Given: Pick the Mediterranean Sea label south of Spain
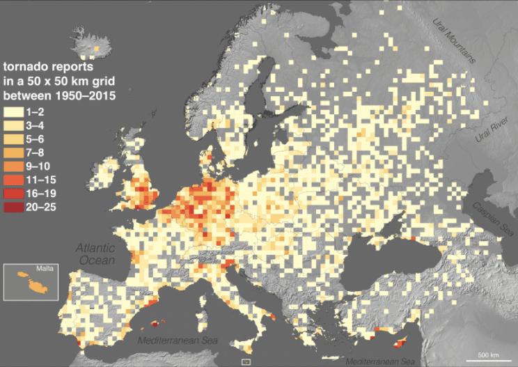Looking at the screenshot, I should (x=178, y=341).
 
